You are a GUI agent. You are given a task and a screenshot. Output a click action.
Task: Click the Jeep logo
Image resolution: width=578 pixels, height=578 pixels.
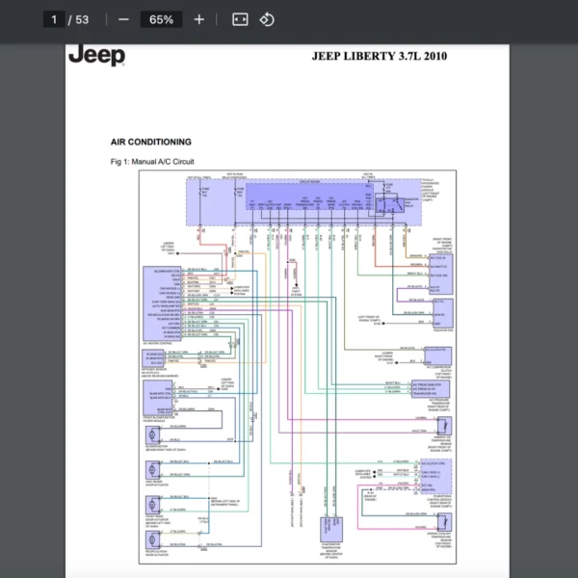tap(96, 55)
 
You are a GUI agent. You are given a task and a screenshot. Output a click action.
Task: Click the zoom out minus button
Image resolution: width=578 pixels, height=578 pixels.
tap(123, 19)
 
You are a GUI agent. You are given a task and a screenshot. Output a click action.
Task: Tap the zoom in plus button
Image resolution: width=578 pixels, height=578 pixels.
tap(198, 19)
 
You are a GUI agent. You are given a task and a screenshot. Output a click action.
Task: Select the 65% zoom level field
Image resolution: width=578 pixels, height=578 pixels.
tap(161, 19)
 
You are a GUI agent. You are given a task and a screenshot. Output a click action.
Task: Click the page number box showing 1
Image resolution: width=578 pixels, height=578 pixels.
tap(55, 19)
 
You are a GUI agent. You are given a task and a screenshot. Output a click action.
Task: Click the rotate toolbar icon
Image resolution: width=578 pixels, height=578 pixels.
tap(267, 19)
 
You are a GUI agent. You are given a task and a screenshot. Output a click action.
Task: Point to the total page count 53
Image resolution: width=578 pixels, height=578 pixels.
tap(82, 19)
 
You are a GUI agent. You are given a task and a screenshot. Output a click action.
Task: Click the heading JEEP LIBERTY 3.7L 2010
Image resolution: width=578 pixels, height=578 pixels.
tap(379, 56)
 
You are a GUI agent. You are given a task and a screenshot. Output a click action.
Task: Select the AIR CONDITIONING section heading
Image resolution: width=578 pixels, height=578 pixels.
tap(151, 142)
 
